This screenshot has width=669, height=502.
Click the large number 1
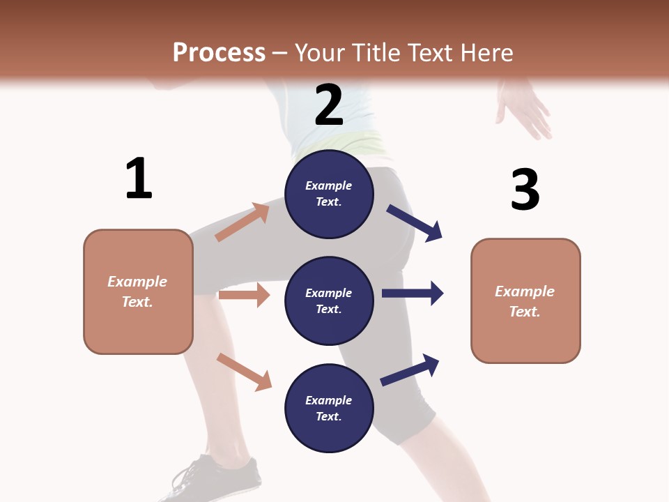tap(139, 178)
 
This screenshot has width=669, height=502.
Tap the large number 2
tap(329, 105)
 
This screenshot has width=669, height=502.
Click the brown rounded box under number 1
tap(138, 291)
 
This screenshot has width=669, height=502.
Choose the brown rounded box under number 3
tap(525, 301)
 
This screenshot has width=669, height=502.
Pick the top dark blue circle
tap(329, 193)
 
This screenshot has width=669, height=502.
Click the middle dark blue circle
tap(329, 301)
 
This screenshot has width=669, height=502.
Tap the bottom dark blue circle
tap(329, 408)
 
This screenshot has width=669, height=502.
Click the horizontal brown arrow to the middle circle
tap(244, 295)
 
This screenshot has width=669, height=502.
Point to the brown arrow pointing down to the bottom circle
tap(244, 371)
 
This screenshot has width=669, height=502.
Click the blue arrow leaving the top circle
tap(415, 222)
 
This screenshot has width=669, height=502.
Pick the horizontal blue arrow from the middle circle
tap(413, 293)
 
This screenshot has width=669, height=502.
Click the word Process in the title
tap(219, 52)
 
